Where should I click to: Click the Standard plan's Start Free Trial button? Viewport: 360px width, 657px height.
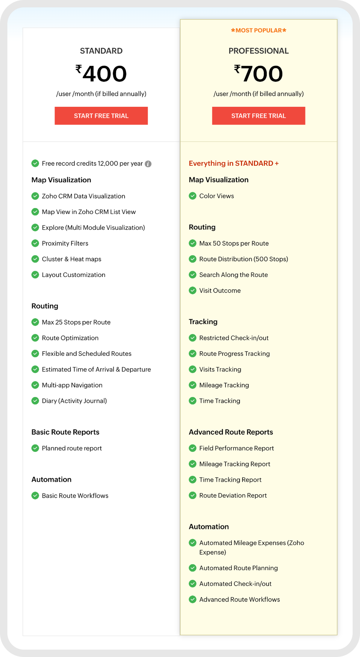101,116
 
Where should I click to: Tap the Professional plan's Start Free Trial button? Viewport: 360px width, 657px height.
258,116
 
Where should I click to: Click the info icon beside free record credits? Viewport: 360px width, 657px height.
148,164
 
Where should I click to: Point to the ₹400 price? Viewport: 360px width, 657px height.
101,74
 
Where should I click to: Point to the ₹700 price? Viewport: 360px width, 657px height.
258,74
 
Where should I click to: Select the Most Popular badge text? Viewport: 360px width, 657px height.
258,31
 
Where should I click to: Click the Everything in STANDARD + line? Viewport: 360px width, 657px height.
234,163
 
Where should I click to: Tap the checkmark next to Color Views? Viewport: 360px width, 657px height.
192,196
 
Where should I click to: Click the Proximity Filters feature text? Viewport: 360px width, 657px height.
65,243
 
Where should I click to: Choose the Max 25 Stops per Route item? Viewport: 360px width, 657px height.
76,322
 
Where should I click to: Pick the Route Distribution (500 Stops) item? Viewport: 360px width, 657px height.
243,259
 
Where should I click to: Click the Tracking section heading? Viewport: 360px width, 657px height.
203,322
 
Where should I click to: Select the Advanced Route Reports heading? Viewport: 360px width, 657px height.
231,432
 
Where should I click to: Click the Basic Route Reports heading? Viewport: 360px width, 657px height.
65,432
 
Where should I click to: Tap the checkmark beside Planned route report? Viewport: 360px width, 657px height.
35,448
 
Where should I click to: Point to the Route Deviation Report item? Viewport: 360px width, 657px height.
233,495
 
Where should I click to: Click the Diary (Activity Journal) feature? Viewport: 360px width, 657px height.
74,401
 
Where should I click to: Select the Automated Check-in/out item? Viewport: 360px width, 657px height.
235,584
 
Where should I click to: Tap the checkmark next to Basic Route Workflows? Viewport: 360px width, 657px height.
35,496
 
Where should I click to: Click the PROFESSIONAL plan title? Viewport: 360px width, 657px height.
258,51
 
